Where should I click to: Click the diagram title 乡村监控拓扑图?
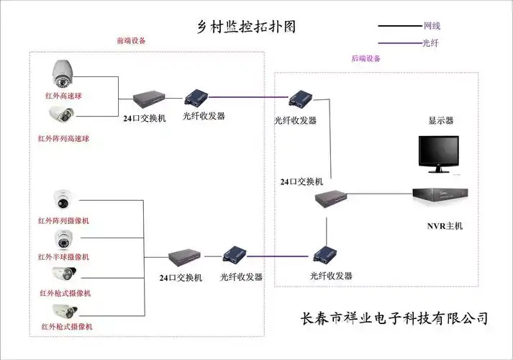pyautogui.click(x=246, y=27)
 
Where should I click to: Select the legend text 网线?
pyautogui.click(x=432, y=26)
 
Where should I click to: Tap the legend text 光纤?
pyautogui.click(x=431, y=43)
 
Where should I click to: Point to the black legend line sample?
pyautogui.click(x=399, y=27)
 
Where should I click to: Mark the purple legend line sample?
pyautogui.click(x=399, y=43)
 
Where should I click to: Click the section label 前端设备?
pyautogui.click(x=131, y=41)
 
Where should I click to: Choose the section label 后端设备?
pyautogui.click(x=366, y=59)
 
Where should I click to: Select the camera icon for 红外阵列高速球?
pyautogui.click(x=62, y=115)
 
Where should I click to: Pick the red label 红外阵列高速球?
pyautogui.click(x=68, y=138)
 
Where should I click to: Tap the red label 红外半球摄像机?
pyautogui.click(x=68, y=256)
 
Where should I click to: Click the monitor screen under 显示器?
pyautogui.click(x=440, y=153)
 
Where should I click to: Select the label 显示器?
pyautogui.click(x=440, y=121)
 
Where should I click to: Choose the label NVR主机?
pyautogui.click(x=445, y=226)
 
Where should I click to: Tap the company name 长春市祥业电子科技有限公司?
pyautogui.click(x=394, y=318)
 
